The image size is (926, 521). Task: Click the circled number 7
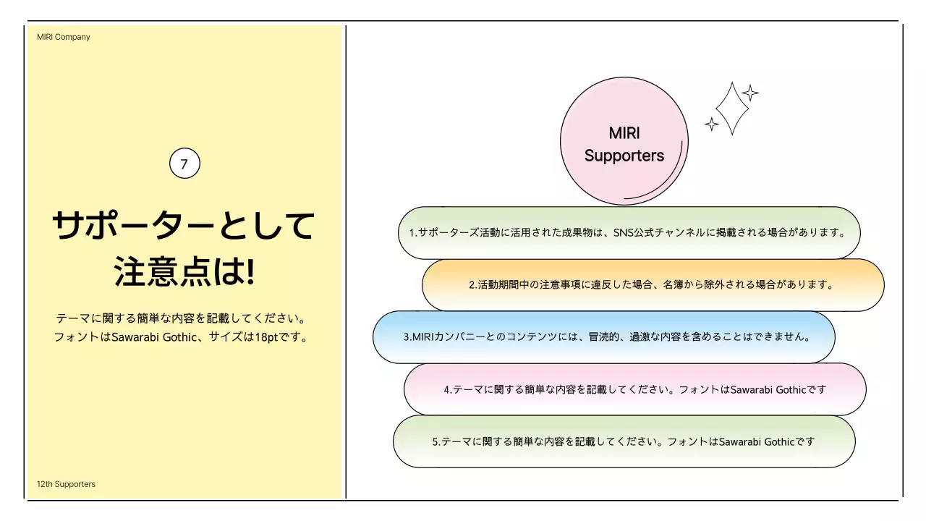[x=184, y=164]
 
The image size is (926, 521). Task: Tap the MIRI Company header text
[x=64, y=37]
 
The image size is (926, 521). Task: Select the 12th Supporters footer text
[x=66, y=484]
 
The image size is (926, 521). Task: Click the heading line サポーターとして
[x=184, y=226]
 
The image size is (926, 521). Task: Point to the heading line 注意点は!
[x=184, y=273]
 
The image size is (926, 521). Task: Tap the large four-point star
[x=731, y=109]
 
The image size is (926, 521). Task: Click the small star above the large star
[x=750, y=93]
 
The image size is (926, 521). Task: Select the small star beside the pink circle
[x=712, y=124]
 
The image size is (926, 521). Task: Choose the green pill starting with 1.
[x=629, y=233]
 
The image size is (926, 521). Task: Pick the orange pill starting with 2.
[x=653, y=285]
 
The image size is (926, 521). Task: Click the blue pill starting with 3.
[x=603, y=337]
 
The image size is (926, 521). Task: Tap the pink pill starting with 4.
[x=634, y=389]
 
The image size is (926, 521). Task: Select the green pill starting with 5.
[x=624, y=441]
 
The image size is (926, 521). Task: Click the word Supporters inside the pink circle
[x=624, y=155]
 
